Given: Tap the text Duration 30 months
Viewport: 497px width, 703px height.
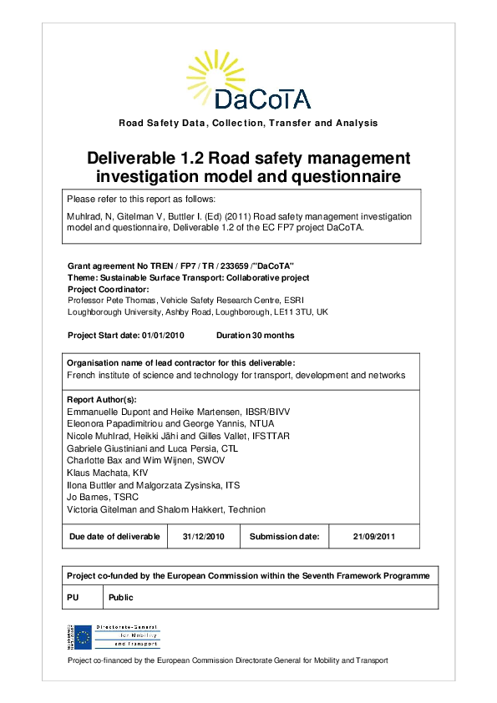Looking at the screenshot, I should [x=255, y=335].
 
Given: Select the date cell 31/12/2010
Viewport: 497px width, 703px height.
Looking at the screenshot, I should [x=204, y=536].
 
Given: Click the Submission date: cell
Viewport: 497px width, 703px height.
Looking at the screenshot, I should [x=284, y=536].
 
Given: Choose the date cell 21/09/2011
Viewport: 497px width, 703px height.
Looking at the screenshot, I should [x=373, y=536].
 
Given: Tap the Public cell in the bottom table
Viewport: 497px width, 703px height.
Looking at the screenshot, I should [x=121, y=597].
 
